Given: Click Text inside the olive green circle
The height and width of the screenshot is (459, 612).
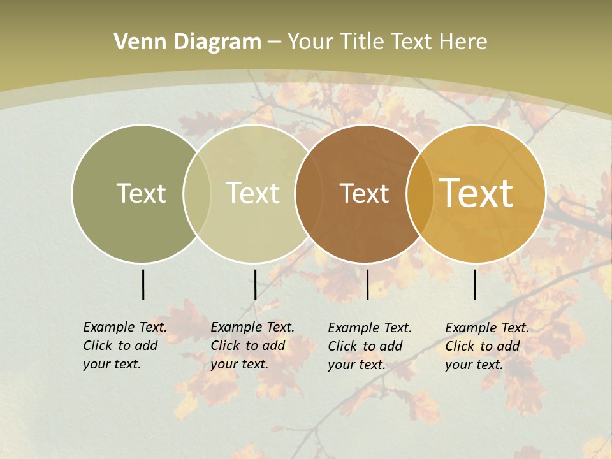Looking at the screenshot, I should (x=141, y=193).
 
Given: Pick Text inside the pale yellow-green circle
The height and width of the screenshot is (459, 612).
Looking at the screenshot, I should (x=252, y=193).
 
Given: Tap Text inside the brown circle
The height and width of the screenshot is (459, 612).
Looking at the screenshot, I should (x=364, y=194).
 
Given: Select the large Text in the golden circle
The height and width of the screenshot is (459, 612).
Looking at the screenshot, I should (x=476, y=193).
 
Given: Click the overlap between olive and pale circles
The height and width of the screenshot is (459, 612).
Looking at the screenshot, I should (x=197, y=193).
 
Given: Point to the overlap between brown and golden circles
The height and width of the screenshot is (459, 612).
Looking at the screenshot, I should (x=420, y=193).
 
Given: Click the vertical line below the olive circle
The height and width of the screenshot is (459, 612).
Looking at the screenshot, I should (x=143, y=284).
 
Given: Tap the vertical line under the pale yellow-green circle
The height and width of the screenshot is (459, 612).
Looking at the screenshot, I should (x=255, y=284).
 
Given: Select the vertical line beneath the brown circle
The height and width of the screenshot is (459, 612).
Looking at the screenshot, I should (x=367, y=284).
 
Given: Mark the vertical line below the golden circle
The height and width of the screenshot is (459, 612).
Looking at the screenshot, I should (x=475, y=284).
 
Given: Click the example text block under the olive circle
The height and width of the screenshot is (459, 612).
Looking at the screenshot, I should (x=125, y=346).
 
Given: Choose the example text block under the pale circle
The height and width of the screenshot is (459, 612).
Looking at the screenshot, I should (x=252, y=346).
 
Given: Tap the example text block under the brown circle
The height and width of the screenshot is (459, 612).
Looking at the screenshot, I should (x=370, y=346).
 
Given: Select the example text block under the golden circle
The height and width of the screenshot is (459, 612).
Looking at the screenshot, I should (x=487, y=346).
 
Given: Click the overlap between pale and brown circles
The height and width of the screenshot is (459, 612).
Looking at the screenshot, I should (x=307, y=193).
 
